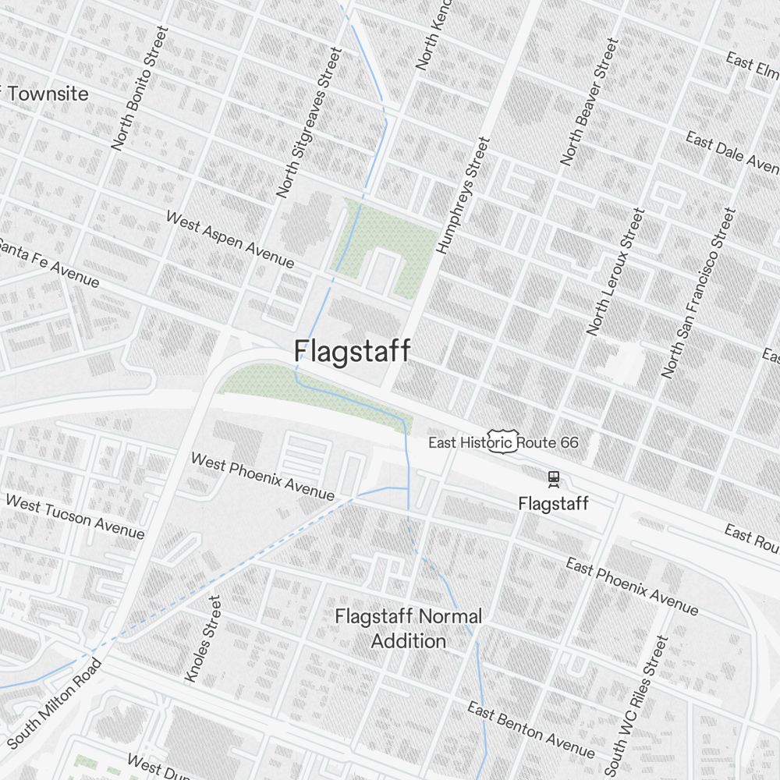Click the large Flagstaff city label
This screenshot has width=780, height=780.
coord(352,352)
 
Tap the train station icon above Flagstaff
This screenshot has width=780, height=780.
coord(553,477)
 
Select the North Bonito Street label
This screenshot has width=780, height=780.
coord(140,88)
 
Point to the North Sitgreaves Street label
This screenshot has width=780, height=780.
coord(310,122)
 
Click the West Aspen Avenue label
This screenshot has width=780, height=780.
coord(230,239)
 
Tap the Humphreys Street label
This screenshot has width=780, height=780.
coord(463,196)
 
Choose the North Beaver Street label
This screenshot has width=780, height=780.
coord(589,101)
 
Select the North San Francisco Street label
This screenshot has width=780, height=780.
coord(698,292)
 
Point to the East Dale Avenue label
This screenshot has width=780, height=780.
coord(732,151)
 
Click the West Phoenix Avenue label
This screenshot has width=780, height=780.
coord(263,477)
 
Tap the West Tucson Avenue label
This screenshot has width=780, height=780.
coord(75,516)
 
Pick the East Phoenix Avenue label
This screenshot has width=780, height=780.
coord(632,586)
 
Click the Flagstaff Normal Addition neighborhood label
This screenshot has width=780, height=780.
coord(408,629)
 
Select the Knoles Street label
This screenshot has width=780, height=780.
coord(203,639)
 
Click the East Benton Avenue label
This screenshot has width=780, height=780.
coord(531,730)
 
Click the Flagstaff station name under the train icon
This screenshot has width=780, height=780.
coord(553,504)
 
